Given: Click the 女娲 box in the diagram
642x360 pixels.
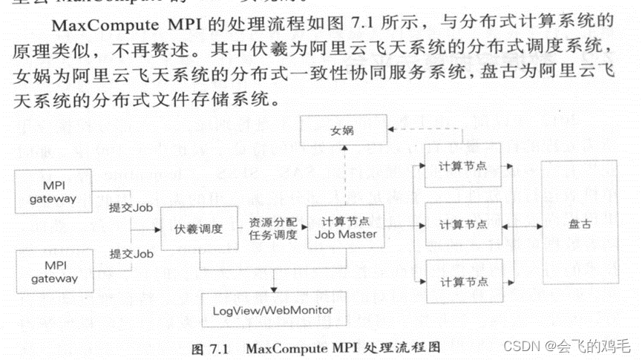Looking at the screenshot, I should coord(343,132).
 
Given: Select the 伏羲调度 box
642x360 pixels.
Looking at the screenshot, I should coord(198,229).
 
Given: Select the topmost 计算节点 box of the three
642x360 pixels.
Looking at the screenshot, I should coord(464,164).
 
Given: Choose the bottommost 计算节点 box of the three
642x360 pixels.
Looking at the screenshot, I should coord(464,282).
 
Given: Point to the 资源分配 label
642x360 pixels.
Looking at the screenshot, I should coord(272,222).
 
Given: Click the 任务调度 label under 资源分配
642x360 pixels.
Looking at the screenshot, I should coord(272,236).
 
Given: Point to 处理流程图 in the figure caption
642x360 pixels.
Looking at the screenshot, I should coord(408,347).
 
